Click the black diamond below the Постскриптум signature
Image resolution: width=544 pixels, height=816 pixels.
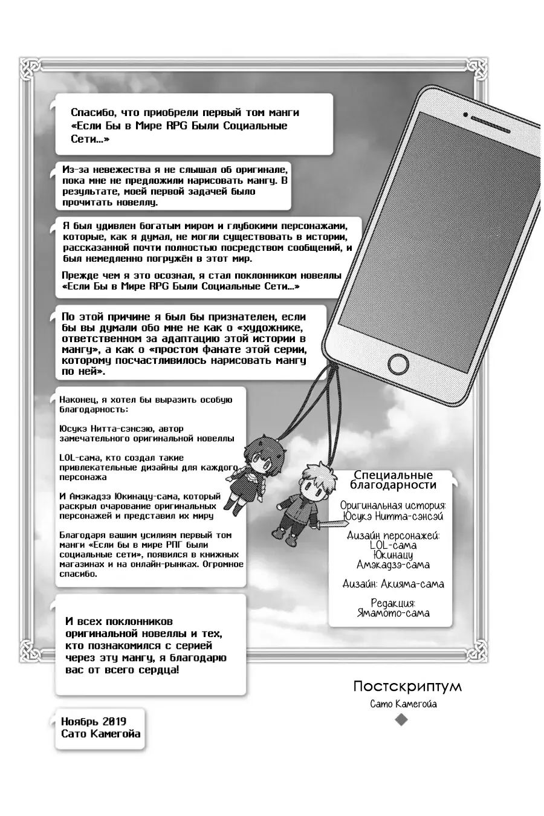[401, 719]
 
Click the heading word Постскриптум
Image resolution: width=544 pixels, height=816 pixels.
[407, 687]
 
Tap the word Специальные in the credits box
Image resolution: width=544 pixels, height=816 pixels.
[393, 476]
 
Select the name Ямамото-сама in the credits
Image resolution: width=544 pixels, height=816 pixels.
[393, 613]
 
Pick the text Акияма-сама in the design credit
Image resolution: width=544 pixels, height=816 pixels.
[412, 584]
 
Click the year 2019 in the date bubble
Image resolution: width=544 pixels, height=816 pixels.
[114, 721]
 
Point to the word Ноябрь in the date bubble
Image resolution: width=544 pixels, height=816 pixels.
[80, 721]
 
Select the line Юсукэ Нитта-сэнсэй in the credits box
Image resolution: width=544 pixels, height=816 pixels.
[393, 516]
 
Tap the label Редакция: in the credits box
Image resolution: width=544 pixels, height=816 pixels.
[393, 603]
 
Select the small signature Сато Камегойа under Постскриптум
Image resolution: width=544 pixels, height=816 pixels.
[403, 704]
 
